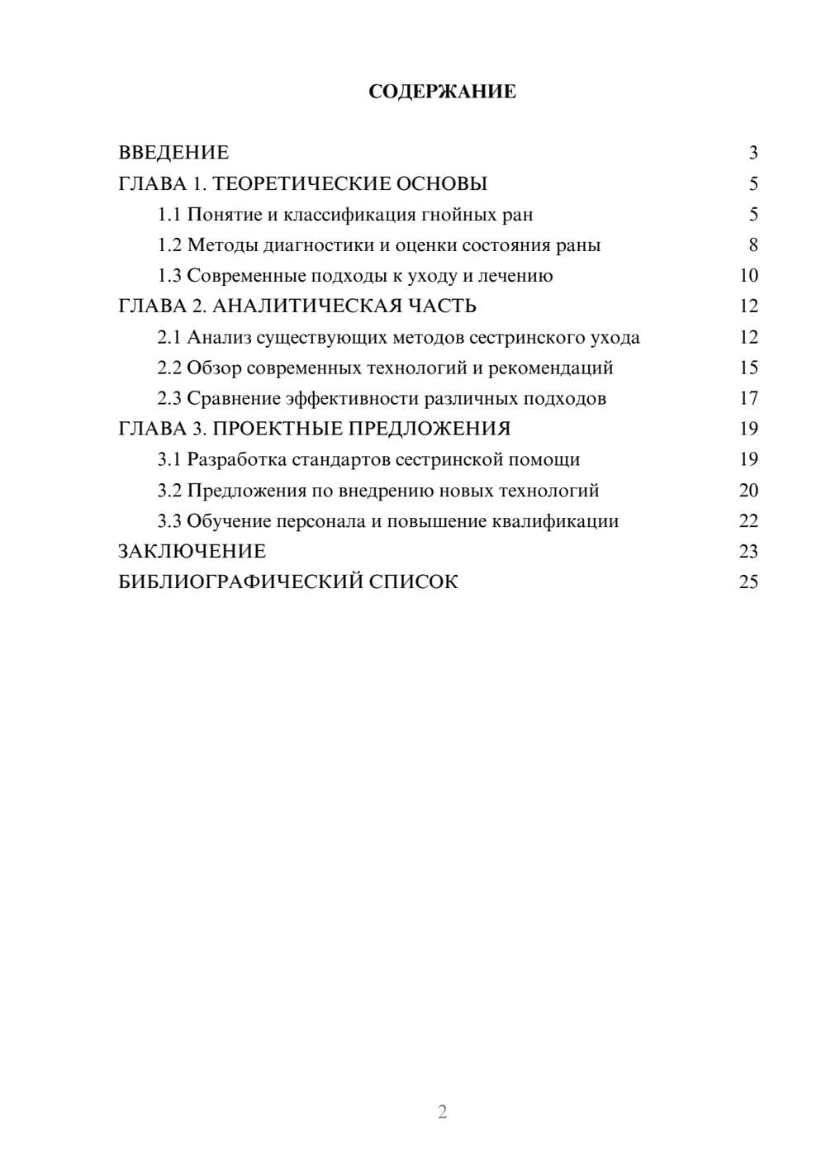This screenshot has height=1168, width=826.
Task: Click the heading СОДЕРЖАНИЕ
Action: pos(442,92)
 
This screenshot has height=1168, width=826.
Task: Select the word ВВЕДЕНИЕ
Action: pos(173,153)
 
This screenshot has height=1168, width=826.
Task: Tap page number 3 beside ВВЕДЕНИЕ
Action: pos(752,153)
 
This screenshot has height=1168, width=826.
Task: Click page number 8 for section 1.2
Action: pos(752,245)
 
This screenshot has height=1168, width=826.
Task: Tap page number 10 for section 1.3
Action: pos(748,276)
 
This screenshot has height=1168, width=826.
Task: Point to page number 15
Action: pos(748,368)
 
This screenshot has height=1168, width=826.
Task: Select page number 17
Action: pos(748,399)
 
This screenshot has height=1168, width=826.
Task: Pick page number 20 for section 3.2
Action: pos(748,491)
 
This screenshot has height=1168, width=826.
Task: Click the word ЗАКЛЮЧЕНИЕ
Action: pos(192,551)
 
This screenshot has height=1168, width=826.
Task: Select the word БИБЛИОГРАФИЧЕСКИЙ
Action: pos(240,582)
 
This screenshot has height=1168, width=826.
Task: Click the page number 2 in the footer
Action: pos(442,1112)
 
